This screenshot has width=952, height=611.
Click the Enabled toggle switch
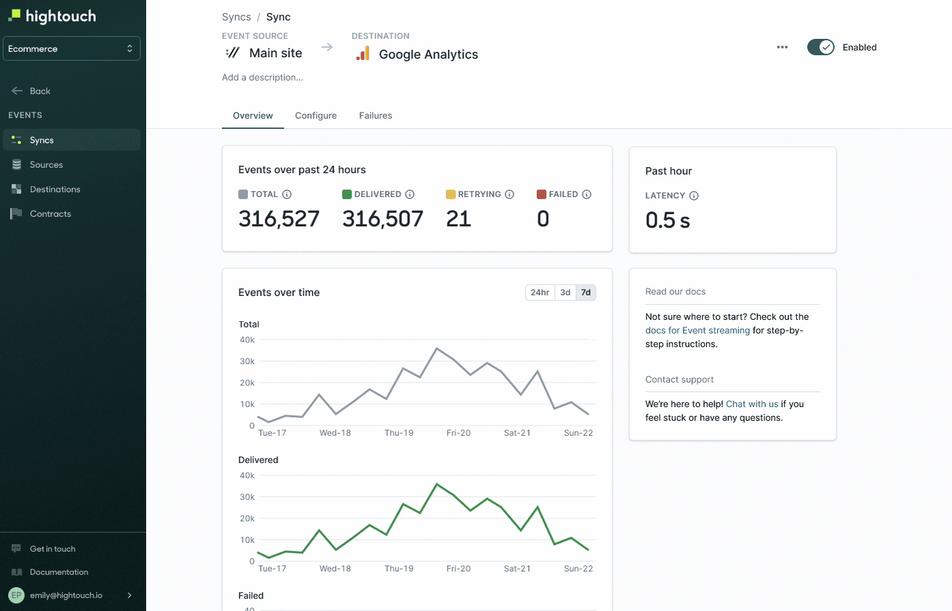820,47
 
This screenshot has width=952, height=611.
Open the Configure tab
315,116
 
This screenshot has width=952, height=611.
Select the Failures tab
375,116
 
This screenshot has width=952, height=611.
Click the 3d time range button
565,293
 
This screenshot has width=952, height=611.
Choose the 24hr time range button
540,293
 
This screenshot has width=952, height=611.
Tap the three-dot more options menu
782,47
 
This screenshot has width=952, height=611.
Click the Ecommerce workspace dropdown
72,48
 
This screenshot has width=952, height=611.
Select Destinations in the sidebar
55,190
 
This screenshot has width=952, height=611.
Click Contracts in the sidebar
50,214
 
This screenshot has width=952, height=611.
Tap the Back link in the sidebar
40,91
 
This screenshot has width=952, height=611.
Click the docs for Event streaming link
697,331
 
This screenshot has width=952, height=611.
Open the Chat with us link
752,404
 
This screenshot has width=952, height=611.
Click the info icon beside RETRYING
510,194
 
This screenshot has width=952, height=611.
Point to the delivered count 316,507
383,219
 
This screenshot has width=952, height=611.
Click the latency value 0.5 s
667,220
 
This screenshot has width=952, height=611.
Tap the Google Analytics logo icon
363,54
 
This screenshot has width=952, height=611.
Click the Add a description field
263,78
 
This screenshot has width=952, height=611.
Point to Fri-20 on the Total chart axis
459,433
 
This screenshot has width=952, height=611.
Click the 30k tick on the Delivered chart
247,497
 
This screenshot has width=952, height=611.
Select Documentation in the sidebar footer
59,572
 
